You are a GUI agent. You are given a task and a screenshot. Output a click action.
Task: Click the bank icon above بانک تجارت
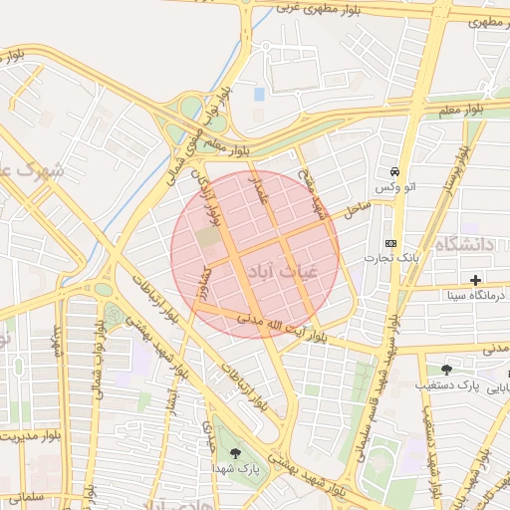click(x=390, y=244)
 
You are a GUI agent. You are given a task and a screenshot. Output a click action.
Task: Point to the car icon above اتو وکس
click(x=395, y=171)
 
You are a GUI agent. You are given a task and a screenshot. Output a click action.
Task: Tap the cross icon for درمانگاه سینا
click(x=475, y=280)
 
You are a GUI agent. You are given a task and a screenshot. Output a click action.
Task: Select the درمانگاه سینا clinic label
click(x=457, y=296)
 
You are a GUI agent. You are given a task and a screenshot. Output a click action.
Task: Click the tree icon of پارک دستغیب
click(x=445, y=369)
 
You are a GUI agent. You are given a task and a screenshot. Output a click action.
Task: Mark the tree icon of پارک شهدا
click(x=235, y=453)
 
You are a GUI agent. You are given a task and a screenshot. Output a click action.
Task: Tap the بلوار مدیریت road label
click(x=24, y=435)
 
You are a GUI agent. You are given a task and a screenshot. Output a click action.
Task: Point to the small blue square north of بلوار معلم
click(x=260, y=94)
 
